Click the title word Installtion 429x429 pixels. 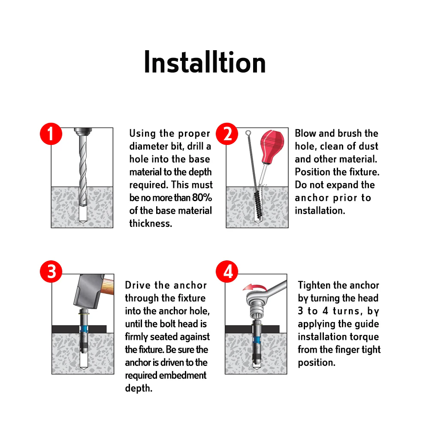(205, 62)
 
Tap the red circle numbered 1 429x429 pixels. (51, 134)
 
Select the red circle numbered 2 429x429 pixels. (227, 134)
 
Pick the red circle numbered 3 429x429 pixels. (51, 272)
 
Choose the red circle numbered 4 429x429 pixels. (227, 272)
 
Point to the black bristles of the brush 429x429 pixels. (257, 204)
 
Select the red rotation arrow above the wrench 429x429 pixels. (254, 287)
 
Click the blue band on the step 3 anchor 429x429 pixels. (84, 329)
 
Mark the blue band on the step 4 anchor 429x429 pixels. (257, 340)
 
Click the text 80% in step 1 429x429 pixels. (202, 197)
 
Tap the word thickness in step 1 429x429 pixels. (151, 223)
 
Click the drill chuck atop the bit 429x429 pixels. (83, 132)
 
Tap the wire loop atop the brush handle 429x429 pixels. (248, 133)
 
